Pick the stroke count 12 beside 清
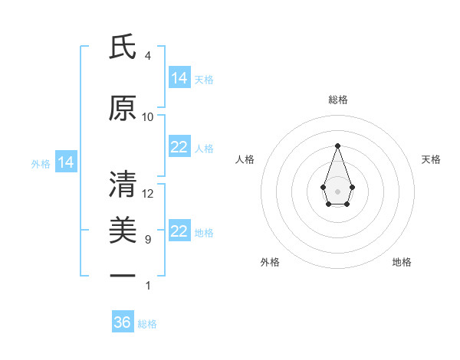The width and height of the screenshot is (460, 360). click(148, 194)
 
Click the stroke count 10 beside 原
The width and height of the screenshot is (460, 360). click(148, 117)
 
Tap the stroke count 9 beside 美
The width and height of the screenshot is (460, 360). click(148, 240)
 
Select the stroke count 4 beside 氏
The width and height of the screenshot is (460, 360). click(148, 56)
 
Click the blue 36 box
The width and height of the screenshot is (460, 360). click(123, 322)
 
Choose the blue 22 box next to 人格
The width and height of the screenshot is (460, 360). click(179, 147)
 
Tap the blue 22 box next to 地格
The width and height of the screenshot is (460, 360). click(179, 231)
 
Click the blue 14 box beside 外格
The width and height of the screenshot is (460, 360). click(66, 162)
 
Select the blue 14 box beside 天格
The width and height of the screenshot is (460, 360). click(179, 78)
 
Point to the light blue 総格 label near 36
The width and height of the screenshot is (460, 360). click(147, 324)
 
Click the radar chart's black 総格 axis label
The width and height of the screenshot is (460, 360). click(337, 100)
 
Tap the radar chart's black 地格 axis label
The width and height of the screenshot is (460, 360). click(402, 262)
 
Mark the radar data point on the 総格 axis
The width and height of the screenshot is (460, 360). click(337, 146)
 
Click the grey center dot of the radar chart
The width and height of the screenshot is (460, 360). click(337, 190)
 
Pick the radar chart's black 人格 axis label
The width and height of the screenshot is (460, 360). click(245, 159)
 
